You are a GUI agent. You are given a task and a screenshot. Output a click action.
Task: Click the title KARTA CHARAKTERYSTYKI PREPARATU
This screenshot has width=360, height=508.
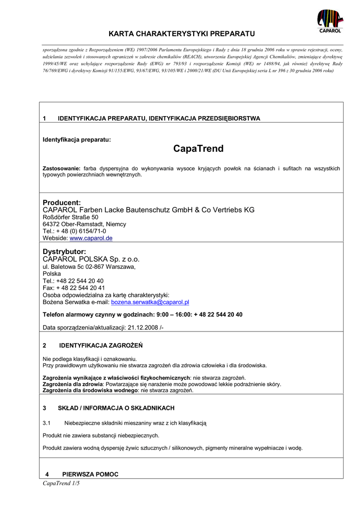click(182, 34)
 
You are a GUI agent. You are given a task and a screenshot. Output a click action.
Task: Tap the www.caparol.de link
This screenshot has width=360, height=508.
click(91, 238)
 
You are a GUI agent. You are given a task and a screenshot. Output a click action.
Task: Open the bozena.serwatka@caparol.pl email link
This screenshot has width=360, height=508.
click(150, 302)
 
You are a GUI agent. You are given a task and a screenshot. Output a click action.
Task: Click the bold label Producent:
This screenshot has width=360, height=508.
click(62, 202)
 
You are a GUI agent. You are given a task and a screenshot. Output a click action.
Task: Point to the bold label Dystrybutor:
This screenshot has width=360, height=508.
click(65, 252)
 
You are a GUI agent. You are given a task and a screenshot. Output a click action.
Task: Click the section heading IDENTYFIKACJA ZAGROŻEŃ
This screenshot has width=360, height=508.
click(101, 345)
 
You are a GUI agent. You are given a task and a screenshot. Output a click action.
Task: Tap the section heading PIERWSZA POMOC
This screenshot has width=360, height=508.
click(90, 474)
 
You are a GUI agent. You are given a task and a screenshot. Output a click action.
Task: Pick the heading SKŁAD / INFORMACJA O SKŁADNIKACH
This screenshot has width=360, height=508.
click(116, 408)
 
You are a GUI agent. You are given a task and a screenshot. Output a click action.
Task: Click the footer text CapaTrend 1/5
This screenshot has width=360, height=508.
click(62, 484)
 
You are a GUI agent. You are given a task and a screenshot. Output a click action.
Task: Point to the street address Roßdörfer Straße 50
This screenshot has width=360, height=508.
click(71, 217)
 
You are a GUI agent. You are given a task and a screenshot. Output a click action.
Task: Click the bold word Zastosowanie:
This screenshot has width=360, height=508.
click(62, 169)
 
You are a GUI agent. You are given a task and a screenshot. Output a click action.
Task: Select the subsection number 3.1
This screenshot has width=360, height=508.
click(47, 423)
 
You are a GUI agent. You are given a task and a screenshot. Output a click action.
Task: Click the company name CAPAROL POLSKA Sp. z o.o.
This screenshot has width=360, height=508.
click(91, 259)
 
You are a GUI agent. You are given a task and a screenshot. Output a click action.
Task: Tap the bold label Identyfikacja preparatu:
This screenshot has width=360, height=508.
click(77, 140)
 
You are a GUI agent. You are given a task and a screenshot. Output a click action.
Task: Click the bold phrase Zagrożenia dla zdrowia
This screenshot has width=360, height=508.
click(72, 384)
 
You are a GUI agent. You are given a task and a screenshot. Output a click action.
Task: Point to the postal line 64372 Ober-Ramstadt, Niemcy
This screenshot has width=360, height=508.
click(84, 224)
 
